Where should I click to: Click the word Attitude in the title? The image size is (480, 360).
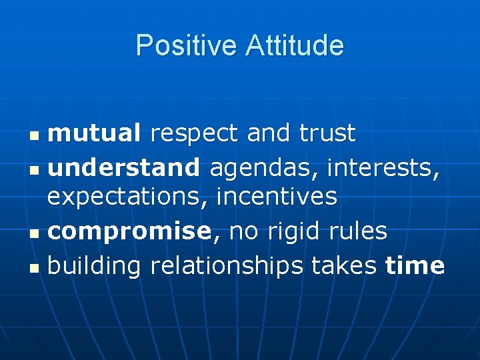pos(295,46)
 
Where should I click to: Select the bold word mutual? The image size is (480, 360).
pos(95,133)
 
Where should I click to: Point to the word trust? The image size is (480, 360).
pos(327,133)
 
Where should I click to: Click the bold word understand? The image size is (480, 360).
pos(124,166)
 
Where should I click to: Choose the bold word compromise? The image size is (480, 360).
pos(129,231)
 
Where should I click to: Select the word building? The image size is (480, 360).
pos(95,265)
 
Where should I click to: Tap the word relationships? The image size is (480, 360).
pos(227,265)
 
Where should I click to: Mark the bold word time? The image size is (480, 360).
pos(415,265)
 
